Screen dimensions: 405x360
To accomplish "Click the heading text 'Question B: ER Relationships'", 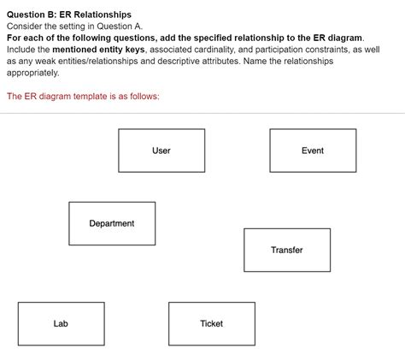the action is pos(69,15).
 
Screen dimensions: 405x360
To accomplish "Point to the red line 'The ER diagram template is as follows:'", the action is pos(83,96).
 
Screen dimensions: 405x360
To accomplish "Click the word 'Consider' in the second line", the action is pos(25,27).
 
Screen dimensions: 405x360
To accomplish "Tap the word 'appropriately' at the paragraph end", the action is pos(34,74).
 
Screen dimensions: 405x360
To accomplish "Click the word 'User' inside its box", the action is pos(161,150).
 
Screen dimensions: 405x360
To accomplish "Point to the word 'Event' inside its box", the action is pos(313,150).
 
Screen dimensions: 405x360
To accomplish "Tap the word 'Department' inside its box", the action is pos(112,223).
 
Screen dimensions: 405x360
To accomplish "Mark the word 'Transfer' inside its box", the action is pos(287,250).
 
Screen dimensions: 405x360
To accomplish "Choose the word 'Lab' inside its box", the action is pos(61,323).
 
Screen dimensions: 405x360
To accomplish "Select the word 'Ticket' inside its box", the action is pos(211,323).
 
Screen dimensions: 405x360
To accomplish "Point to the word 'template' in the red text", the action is pos(100,96).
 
